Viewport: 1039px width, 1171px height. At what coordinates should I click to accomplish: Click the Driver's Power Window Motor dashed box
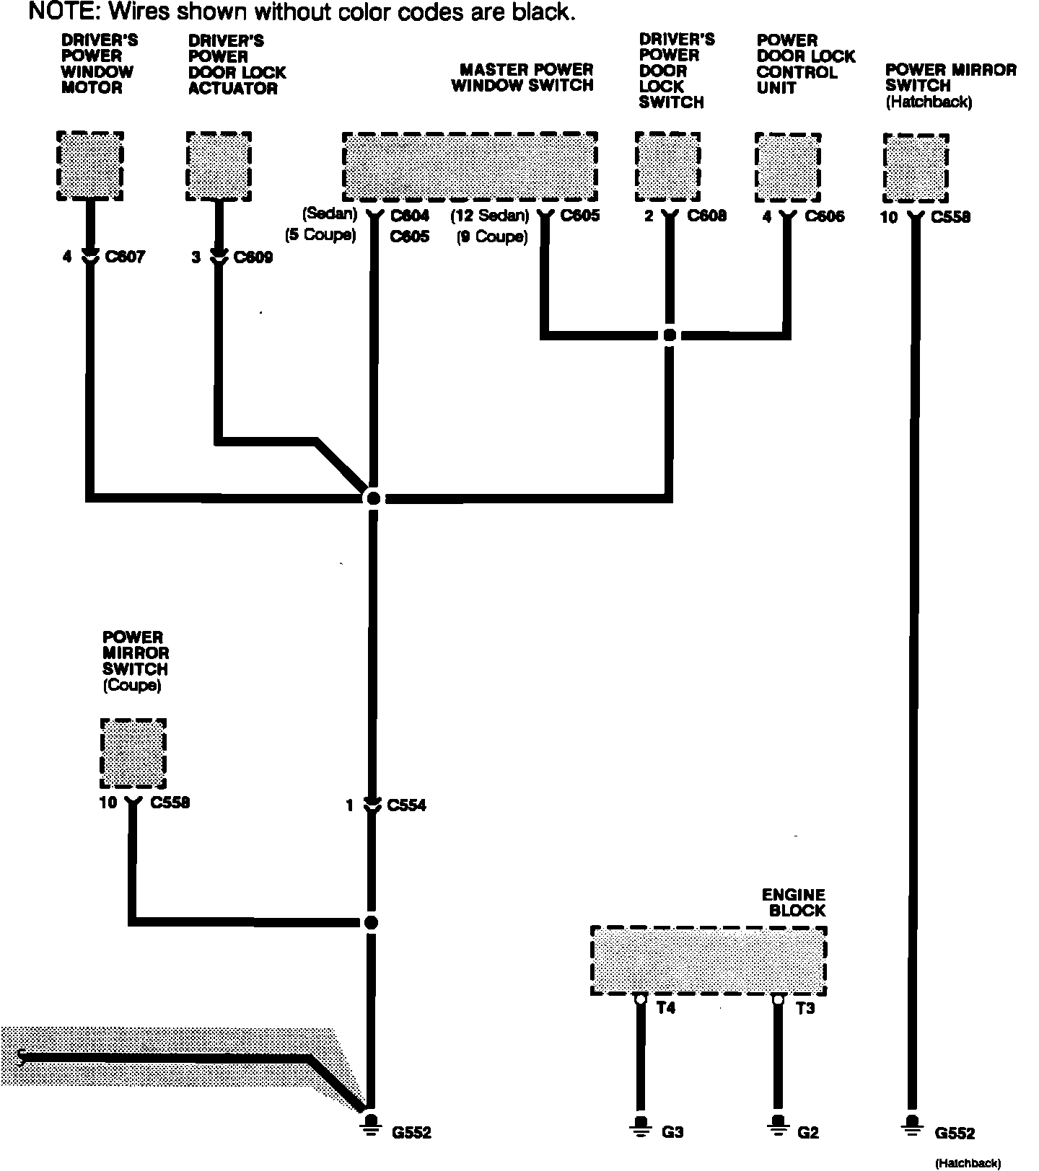[x=90, y=166]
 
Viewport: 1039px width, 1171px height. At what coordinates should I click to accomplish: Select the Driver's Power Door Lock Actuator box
[x=219, y=166]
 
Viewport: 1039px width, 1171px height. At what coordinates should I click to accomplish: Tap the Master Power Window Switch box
[x=470, y=167]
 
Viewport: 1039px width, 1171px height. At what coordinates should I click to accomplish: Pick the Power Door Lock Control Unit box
[x=788, y=167]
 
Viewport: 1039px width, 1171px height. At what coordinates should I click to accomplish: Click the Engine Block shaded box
[x=708, y=960]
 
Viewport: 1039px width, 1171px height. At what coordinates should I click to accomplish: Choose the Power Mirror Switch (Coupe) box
[x=133, y=754]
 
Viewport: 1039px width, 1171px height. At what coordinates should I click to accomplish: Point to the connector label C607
[x=125, y=257]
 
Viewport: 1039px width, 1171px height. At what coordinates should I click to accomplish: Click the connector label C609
[x=253, y=257]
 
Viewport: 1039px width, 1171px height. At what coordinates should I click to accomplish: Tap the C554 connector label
[x=406, y=805]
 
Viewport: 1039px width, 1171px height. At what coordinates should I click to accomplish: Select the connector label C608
[x=706, y=216]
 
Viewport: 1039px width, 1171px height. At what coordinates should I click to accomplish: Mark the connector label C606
[x=824, y=216]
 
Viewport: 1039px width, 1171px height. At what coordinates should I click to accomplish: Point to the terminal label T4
[x=666, y=1008]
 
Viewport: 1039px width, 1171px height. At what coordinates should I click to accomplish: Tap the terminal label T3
[x=805, y=1008]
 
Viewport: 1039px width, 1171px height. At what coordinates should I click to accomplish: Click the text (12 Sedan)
[x=491, y=216]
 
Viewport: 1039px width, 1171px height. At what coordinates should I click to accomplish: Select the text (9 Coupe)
[x=492, y=237]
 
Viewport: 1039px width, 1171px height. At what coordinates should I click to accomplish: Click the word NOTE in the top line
[x=58, y=12]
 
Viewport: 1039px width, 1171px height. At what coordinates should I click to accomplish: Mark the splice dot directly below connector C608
[x=670, y=335]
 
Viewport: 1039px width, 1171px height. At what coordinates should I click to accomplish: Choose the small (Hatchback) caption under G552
[x=968, y=1162]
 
